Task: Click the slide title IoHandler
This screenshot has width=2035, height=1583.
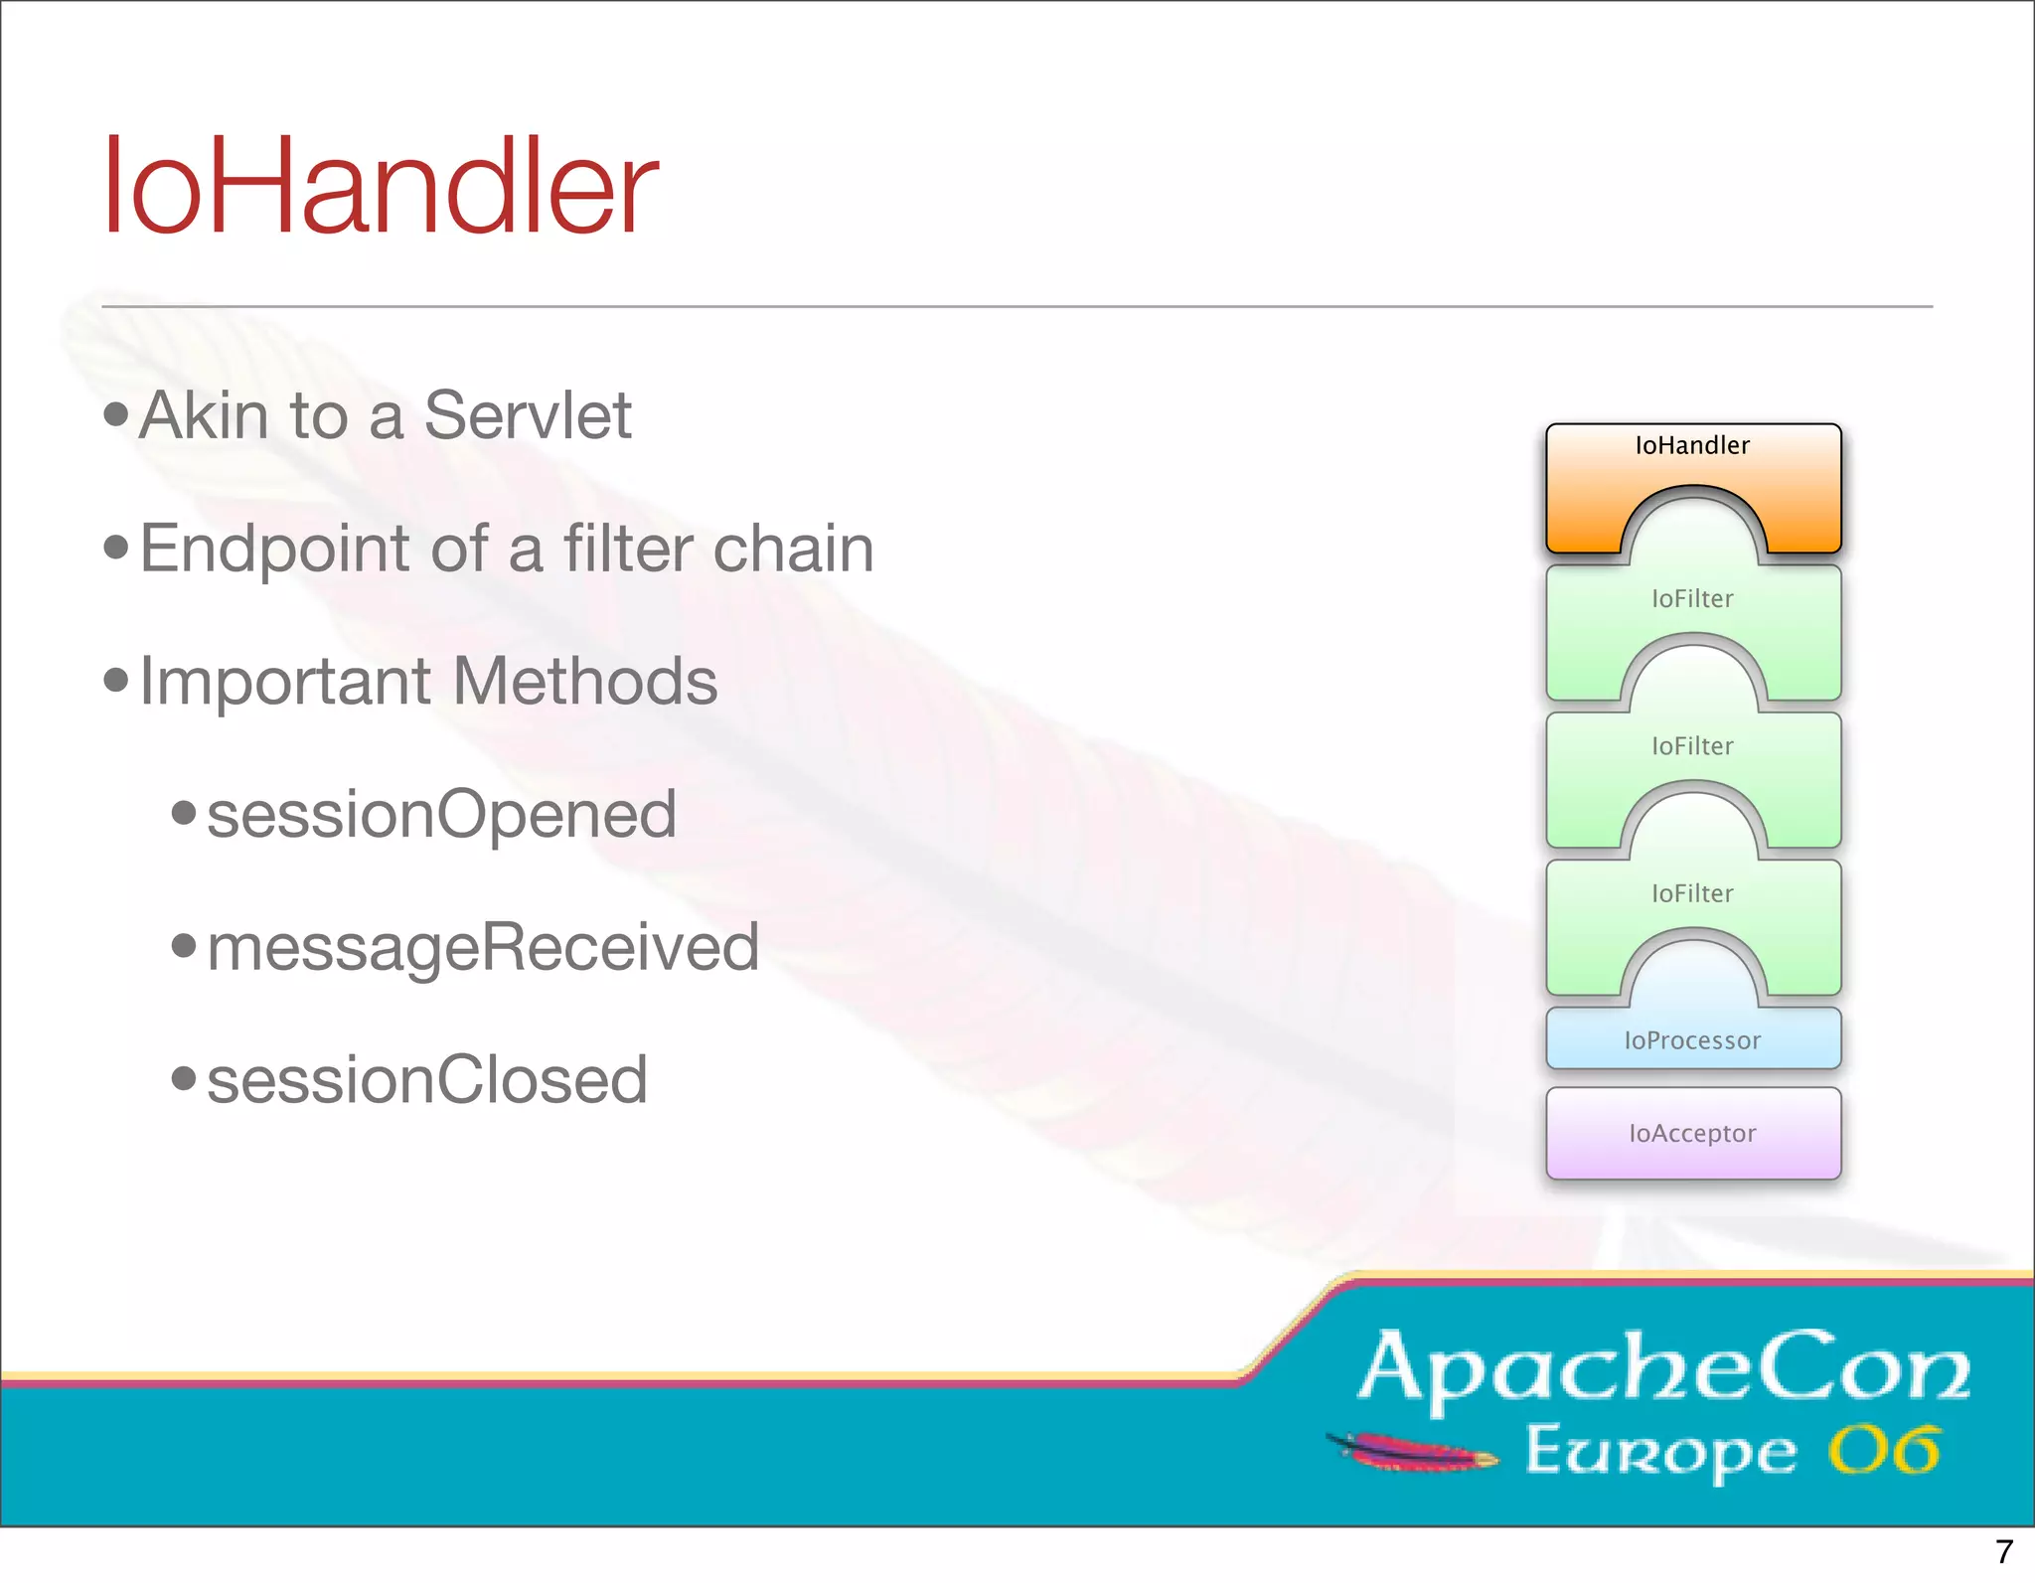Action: [x=380, y=187]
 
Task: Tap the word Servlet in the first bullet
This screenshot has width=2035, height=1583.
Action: [x=528, y=415]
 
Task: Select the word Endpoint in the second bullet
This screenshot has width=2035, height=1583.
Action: [x=274, y=549]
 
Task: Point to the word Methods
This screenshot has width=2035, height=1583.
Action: [x=585, y=682]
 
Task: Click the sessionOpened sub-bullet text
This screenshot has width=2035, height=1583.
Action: [x=441, y=815]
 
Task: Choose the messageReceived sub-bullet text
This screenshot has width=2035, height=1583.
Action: [x=483, y=947]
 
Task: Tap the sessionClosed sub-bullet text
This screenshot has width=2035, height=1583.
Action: [x=427, y=1080]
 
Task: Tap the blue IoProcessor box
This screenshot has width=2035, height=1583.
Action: [x=1692, y=1039]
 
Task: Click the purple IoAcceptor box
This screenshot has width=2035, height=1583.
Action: [x=1692, y=1133]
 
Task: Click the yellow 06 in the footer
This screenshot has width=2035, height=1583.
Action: [x=1884, y=1451]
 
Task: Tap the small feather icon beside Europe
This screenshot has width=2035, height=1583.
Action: [x=1412, y=1451]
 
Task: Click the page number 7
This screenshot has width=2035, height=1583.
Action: [x=2003, y=1551]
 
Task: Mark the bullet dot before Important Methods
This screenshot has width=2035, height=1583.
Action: [x=116, y=681]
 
